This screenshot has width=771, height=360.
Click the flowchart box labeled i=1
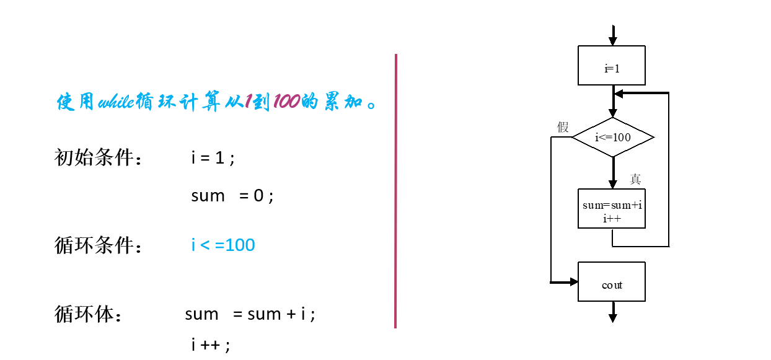(612, 65)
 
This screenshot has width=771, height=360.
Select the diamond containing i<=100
(612, 137)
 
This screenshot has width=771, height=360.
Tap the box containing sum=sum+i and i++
(612, 208)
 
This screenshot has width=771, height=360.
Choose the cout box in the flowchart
(612, 284)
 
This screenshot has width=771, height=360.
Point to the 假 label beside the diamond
(563, 128)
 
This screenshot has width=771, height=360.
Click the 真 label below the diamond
(635, 179)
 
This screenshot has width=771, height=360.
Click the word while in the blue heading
(116, 101)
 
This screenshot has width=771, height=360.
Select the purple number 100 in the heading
(286, 101)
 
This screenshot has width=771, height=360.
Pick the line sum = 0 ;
(232, 196)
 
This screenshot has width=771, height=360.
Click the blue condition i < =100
(223, 245)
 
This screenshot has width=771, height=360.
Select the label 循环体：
(89, 314)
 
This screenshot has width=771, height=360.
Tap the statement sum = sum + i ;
(250, 314)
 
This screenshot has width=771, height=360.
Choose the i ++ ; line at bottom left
(211, 345)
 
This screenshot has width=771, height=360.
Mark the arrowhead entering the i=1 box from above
(613, 41)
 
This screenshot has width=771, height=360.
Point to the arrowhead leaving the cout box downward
(613, 317)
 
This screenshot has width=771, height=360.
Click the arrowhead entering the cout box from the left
(573, 283)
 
